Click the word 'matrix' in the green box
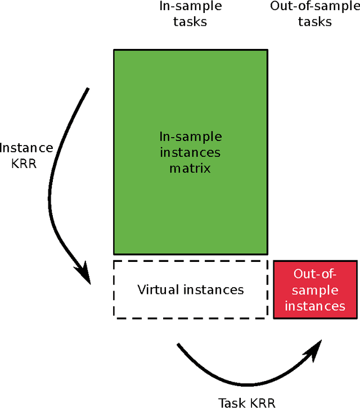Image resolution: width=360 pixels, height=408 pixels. pyautogui.click(x=190, y=167)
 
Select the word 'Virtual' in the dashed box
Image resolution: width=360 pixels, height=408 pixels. pyautogui.click(x=159, y=290)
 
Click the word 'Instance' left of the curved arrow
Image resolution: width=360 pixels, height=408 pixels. pyautogui.click(x=26, y=148)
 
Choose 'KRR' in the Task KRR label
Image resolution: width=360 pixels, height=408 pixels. pyautogui.click(x=261, y=402)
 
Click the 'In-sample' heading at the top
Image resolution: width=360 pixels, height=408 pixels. pyautogui.click(x=190, y=7)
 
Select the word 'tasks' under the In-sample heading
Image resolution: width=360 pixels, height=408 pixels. pyautogui.click(x=190, y=22)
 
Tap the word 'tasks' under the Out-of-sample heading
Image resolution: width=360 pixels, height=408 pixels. pyautogui.click(x=315, y=22)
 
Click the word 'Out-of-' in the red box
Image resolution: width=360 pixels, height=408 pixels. pyautogui.click(x=315, y=274)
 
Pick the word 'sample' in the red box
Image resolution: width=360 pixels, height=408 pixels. pyautogui.click(x=315, y=290)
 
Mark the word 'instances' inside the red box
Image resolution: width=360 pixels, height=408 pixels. pyautogui.click(x=315, y=306)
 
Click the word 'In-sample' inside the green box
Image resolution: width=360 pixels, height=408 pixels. pyautogui.click(x=190, y=137)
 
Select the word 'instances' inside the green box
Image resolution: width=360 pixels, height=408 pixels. pyautogui.click(x=190, y=152)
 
